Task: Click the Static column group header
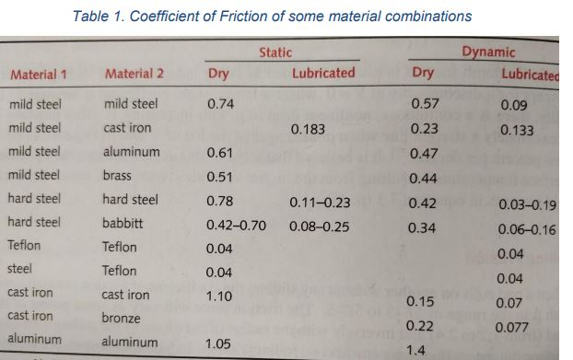pos(275,52)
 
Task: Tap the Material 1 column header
pos(41,74)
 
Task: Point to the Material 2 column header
pos(135,74)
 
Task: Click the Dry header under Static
pos(219,74)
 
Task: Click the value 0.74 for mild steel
pos(222,104)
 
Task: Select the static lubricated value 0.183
pos(308,130)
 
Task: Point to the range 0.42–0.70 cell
pos(236,223)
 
